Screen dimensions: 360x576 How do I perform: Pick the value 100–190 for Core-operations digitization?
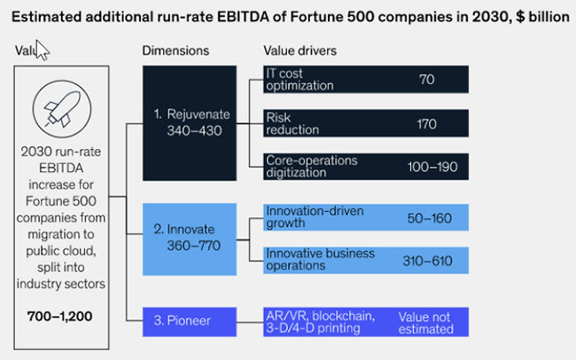[426, 167]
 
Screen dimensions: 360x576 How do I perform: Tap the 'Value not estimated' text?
[426, 321]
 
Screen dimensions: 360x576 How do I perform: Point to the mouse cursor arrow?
[41, 51]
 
